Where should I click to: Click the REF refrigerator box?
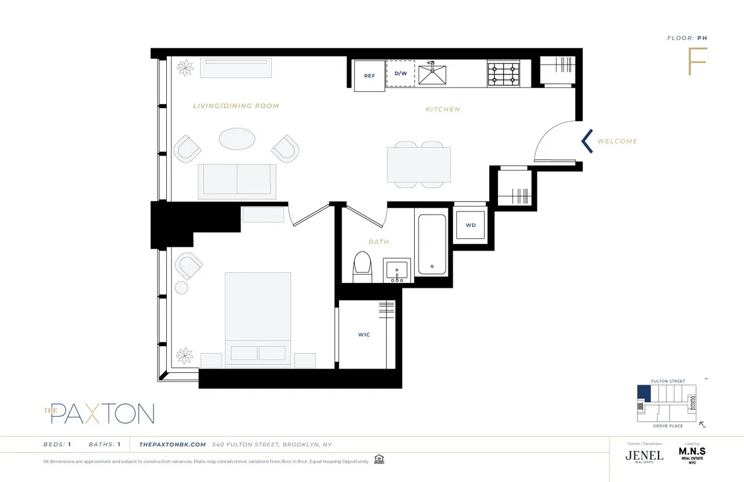click(x=370, y=76)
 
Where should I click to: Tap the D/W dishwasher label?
click(x=401, y=73)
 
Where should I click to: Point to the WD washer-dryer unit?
click(x=471, y=225)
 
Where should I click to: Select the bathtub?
click(x=432, y=244)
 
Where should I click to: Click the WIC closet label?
click(x=364, y=335)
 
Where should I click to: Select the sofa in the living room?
click(x=237, y=180)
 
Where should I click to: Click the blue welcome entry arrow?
click(x=587, y=141)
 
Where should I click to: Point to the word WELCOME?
click(x=617, y=141)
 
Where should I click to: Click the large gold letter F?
click(x=697, y=61)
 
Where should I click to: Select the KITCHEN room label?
click(x=443, y=109)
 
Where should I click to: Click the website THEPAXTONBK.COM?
click(x=172, y=444)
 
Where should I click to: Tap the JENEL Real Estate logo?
click(x=644, y=456)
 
